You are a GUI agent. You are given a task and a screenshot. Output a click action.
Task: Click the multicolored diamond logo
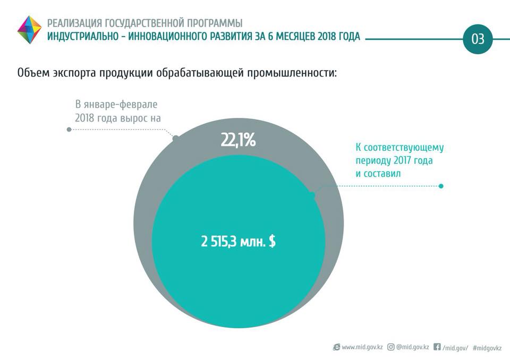click(29, 30)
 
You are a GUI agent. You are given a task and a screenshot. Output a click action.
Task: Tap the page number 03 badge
click(478, 39)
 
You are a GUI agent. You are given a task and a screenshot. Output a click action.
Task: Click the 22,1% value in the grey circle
click(238, 141)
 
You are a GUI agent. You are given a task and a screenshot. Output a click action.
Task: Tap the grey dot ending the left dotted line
click(69, 129)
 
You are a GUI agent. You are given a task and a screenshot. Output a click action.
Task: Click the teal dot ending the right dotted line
click(441, 186)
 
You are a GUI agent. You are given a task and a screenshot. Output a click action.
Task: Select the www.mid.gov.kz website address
click(362, 347)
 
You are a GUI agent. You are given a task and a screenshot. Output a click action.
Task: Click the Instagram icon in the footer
click(391, 347)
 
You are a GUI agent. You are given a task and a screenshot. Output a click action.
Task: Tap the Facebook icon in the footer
click(437, 347)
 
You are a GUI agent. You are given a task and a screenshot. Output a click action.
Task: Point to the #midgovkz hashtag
click(487, 347)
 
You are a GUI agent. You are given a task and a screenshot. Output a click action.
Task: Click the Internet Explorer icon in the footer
click(336, 347)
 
